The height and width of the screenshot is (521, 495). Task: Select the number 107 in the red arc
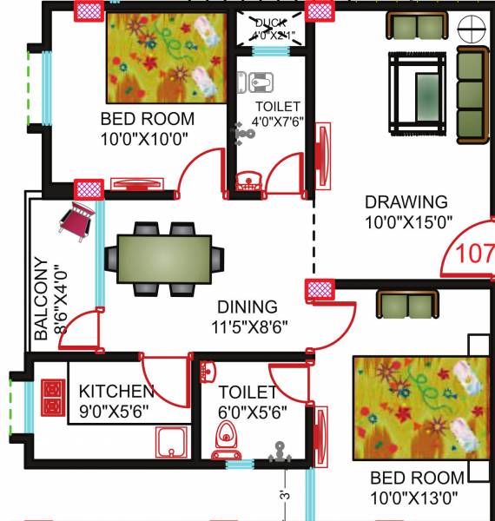pyautogui.click(x=475, y=254)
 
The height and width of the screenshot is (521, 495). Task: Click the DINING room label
pyautogui.click(x=247, y=307)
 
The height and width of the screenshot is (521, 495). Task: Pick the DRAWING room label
pyautogui.click(x=406, y=202)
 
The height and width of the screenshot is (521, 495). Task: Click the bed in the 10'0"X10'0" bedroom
pyautogui.click(x=162, y=56)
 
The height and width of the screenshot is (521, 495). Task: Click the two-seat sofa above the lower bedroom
pyautogui.click(x=405, y=305)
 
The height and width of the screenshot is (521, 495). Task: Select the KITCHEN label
pyautogui.click(x=116, y=392)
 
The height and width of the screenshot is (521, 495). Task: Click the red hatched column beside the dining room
pyautogui.click(x=315, y=290)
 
